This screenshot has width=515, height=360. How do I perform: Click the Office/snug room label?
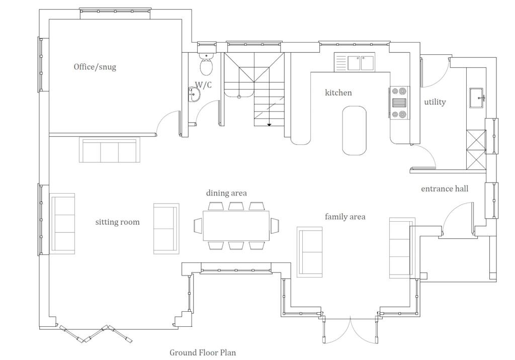tap(95, 67)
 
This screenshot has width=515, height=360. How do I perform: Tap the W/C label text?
tap(203, 85)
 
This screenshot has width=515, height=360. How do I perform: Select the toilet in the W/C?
tap(206, 64)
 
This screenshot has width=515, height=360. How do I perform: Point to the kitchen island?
tap(354, 130)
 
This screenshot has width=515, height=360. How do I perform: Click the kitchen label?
tap(338, 93)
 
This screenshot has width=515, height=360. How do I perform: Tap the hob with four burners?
tap(399, 103)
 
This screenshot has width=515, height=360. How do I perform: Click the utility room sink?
tap(476, 98)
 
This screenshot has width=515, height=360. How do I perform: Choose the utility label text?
tap(435, 102)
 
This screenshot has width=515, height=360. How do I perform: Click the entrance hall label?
tap(444, 189)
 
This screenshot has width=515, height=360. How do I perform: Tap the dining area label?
tap(226, 193)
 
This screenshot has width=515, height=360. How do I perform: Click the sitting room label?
tap(117, 222)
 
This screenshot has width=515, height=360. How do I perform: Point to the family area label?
tap(345, 217)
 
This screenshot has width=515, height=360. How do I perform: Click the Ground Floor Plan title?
tap(202, 352)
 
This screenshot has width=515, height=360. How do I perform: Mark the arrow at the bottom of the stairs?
tap(269, 124)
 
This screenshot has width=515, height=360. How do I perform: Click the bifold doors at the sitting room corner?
tap(96, 334)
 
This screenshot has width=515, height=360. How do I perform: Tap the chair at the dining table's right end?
tap(275, 226)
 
